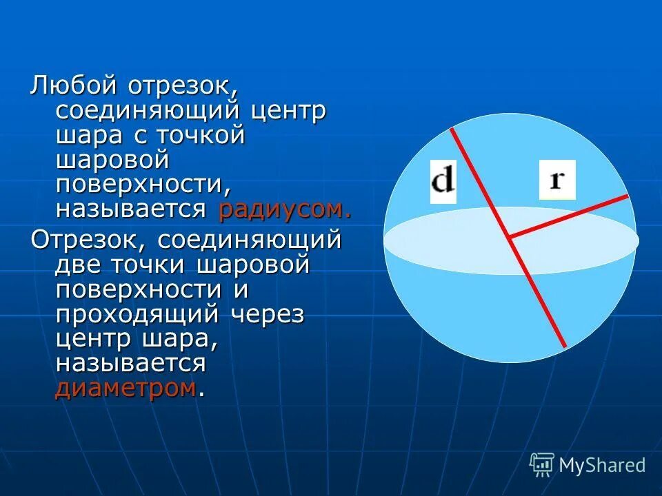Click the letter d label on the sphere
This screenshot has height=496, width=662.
tap(443, 181)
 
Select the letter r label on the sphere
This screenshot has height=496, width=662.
tap(556, 180)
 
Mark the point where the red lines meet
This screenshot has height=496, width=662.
tap(510, 237)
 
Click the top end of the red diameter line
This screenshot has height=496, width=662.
tap(452, 128)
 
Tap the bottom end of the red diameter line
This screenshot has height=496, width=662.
tap(565, 346)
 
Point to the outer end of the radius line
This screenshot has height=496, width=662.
tap(628, 196)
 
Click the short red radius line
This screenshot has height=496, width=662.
tap(569, 216)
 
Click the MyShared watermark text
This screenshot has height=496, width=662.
tap(602, 465)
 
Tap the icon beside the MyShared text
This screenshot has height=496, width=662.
tap(542, 464)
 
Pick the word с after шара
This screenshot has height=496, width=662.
tap(140, 134)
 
